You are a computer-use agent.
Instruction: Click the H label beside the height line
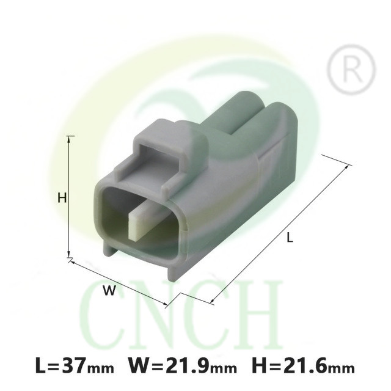(x=62, y=198)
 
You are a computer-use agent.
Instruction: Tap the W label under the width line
(x=110, y=291)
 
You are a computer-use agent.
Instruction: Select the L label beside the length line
(x=290, y=237)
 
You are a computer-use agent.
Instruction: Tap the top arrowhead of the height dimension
(x=69, y=139)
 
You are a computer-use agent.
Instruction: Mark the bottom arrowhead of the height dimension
(x=69, y=254)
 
